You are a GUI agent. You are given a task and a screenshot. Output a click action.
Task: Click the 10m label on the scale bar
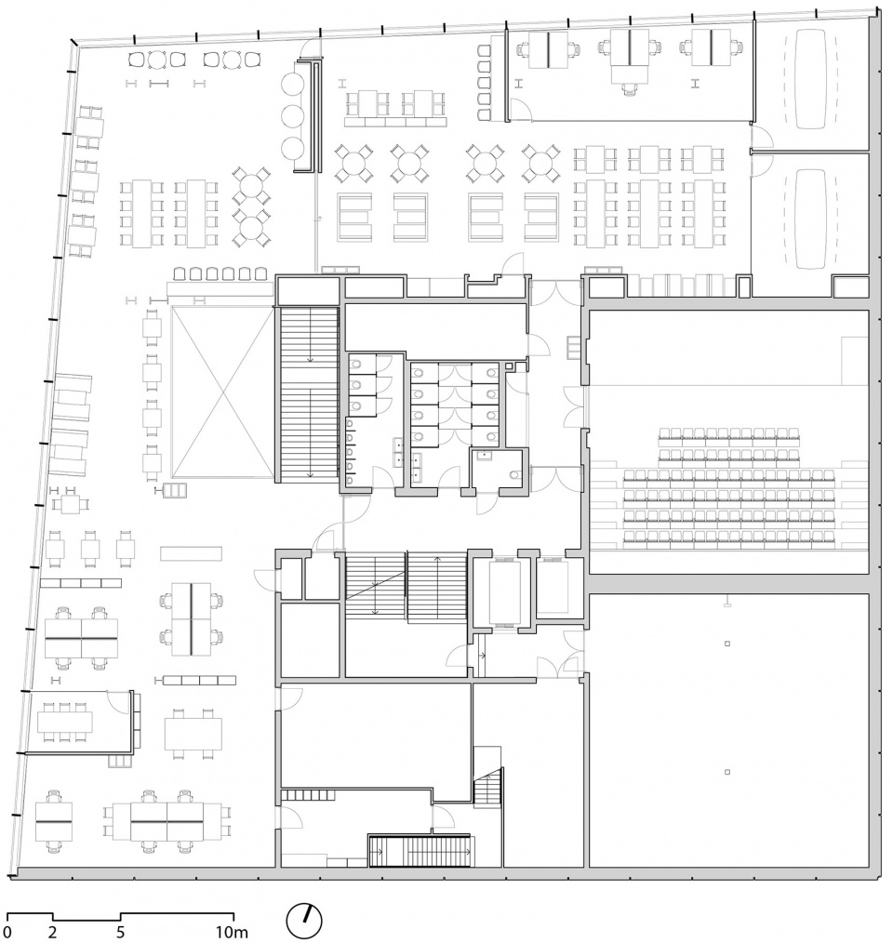pos(232,932)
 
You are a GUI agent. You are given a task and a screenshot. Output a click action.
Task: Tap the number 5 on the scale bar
pos(120,932)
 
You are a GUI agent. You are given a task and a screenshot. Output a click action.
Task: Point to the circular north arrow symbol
pos(304,921)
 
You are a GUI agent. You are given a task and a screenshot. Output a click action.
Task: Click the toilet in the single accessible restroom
pos(514,474)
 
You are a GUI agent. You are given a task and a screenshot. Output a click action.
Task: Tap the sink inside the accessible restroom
pos(484,457)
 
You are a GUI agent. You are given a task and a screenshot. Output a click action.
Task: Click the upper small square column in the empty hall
pos(727,644)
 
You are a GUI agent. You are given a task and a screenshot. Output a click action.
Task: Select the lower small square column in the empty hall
pos(727,772)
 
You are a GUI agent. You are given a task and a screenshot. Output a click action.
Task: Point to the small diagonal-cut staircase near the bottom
pos(488,788)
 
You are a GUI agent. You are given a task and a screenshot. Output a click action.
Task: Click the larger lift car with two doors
pos(503,591)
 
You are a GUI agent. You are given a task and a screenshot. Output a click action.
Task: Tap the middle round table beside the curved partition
pos(292,115)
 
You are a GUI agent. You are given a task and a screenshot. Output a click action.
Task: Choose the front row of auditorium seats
pos(729,433)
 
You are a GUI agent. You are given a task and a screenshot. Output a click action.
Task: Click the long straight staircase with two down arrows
pos(310,394)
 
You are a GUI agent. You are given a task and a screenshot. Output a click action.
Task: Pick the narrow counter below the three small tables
pos(81,583)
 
